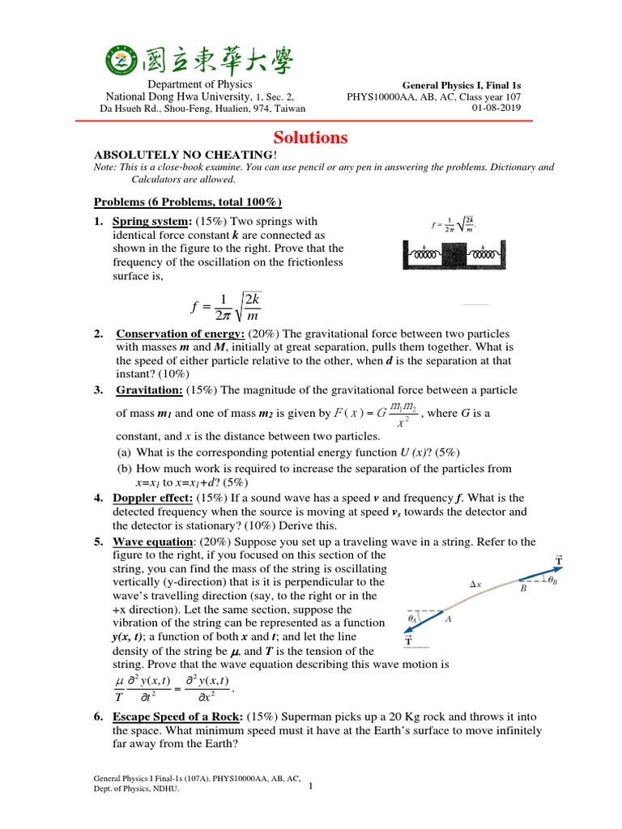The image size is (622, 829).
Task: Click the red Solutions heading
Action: coord(309,138)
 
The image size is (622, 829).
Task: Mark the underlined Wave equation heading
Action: coord(150,542)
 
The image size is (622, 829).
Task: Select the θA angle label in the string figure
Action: coord(414,619)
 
